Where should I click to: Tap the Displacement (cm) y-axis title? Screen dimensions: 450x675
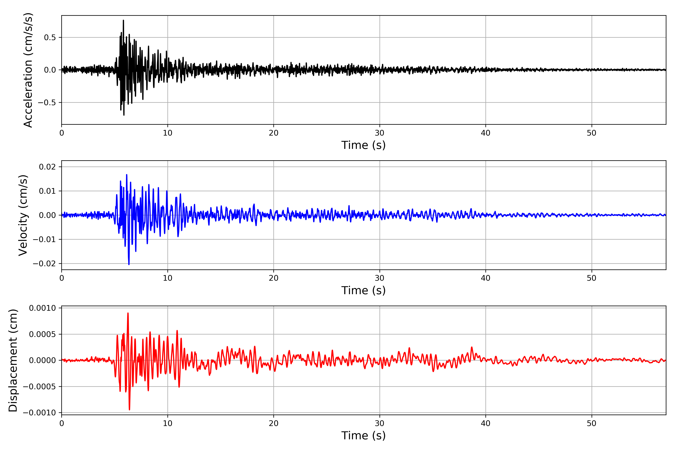[x=13, y=360]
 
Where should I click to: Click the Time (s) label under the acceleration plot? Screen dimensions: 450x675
[x=363, y=145]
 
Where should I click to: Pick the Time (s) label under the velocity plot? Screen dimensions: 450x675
[x=363, y=290]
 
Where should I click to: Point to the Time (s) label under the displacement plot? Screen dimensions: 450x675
[x=363, y=436]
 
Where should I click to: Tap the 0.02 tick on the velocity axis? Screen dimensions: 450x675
[x=47, y=167]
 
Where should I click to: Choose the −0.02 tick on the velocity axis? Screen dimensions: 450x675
[x=44, y=263]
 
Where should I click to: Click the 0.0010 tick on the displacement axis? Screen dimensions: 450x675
[x=43, y=308]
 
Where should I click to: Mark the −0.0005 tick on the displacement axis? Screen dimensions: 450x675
[x=40, y=387]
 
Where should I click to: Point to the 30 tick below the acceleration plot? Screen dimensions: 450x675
[x=379, y=133]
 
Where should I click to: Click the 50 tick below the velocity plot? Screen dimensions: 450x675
[x=592, y=278]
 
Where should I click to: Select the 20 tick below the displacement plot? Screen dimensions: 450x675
[x=274, y=423]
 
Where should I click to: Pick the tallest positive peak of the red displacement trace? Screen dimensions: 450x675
[x=128, y=313]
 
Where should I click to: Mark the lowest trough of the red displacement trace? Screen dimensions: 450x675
[x=129, y=409]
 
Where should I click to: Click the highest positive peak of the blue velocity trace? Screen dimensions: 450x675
[x=127, y=175]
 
